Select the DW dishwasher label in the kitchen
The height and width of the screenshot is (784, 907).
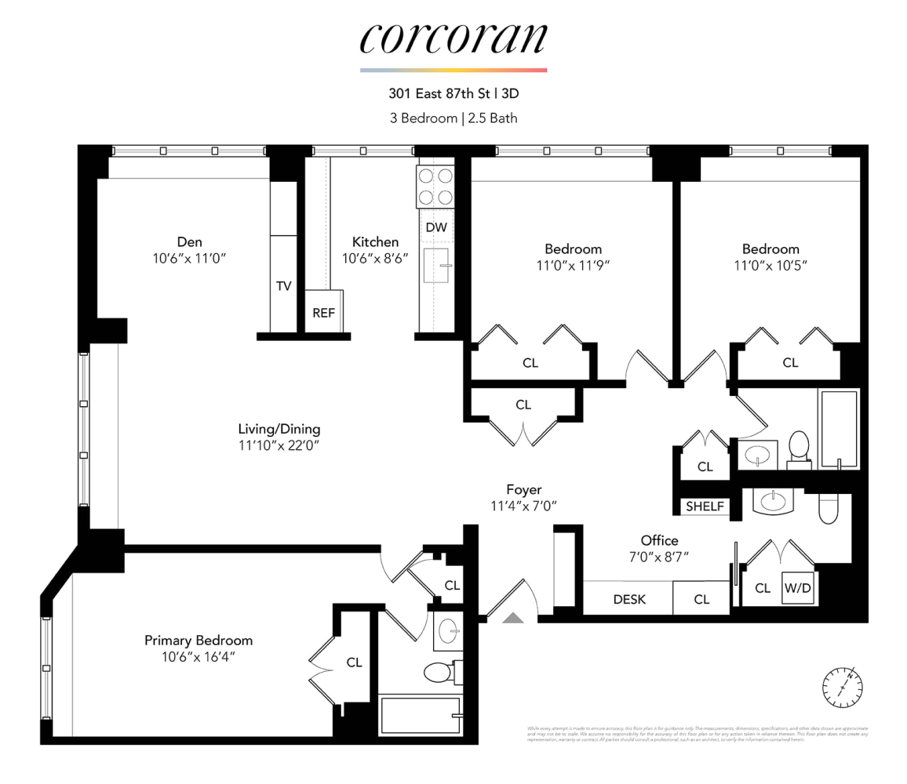coord(436,227)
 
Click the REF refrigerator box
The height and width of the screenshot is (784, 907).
coord(323,312)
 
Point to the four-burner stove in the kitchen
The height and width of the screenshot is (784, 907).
coord(436,187)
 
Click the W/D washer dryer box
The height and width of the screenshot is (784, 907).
coord(797,588)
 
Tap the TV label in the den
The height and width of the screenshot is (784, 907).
coord(283,286)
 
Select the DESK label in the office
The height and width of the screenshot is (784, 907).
coord(629,599)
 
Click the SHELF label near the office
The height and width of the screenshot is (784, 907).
coord(705,506)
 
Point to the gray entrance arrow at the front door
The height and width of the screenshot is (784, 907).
coord(513,618)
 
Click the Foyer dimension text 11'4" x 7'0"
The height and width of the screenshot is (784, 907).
coord(523,506)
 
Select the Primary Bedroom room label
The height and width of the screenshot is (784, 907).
coord(199,641)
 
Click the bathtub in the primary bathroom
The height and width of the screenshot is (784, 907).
coord(420,714)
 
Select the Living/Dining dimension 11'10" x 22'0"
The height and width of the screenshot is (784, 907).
coord(279,446)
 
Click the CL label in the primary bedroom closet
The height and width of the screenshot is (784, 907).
coord(355,662)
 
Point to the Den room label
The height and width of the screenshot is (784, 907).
coord(190,241)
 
